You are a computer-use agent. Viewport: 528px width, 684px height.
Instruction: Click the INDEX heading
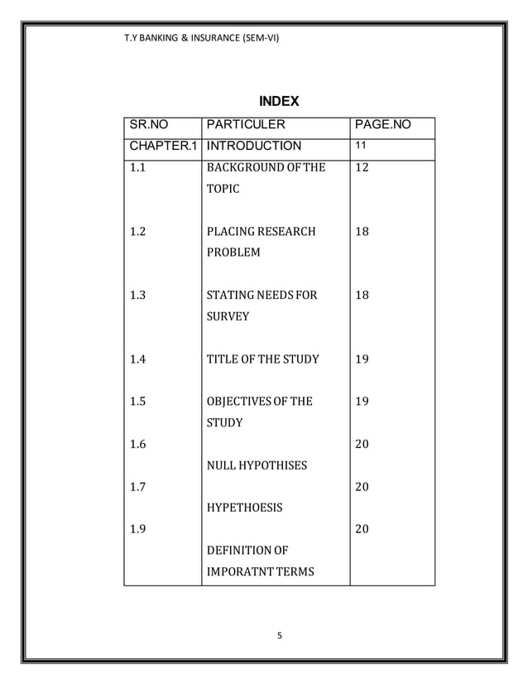[278, 102]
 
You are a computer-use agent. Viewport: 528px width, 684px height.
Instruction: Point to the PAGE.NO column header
[382, 126]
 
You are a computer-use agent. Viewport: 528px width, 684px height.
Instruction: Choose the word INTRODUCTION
[254, 147]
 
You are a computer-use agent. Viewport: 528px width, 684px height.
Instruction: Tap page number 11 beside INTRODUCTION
[361, 146]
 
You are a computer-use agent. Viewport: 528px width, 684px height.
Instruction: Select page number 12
[362, 168]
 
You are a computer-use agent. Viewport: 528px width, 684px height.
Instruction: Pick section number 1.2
[138, 231]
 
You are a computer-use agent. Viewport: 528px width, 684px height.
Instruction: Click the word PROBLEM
[233, 252]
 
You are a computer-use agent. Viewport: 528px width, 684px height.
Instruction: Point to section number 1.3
[138, 295]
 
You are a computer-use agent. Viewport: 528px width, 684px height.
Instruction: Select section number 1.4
[138, 359]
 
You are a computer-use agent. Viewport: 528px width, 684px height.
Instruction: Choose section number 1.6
[138, 444]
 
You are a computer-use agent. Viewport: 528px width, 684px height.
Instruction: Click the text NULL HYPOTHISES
[257, 465]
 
